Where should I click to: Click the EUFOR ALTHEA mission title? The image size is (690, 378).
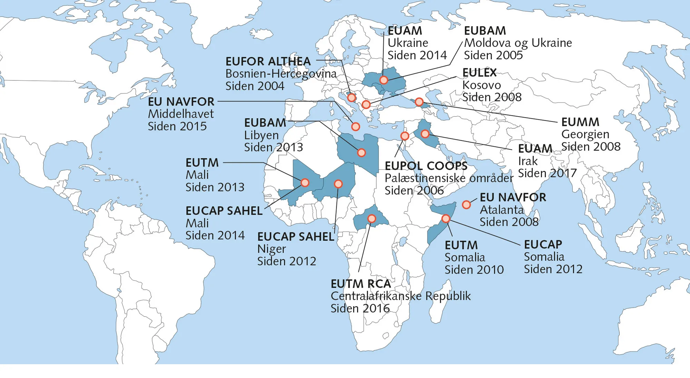268,61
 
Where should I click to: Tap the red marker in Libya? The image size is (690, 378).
361,152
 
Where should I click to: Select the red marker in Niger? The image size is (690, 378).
338,184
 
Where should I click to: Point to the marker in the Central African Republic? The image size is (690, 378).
372,219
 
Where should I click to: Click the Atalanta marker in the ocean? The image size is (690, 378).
466,205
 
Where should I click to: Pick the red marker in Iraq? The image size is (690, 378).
425,134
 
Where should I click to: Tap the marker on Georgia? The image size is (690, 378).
419,102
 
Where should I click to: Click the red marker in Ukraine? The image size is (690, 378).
384,80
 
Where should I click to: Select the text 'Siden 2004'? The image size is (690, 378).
255,86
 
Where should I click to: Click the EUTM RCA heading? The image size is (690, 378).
361,284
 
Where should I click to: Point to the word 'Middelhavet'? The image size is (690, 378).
181,114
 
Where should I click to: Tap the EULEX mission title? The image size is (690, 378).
479,73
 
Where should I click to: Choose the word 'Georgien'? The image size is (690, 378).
585,134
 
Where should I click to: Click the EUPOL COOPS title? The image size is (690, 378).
426,166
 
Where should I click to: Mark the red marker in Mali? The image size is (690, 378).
305,182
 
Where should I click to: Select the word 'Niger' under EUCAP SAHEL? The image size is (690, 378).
272,249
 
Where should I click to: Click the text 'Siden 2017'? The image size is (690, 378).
547,173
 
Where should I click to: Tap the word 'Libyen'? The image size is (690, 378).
261,135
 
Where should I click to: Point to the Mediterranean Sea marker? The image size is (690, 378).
355,127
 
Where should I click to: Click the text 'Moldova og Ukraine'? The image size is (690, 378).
518,43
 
